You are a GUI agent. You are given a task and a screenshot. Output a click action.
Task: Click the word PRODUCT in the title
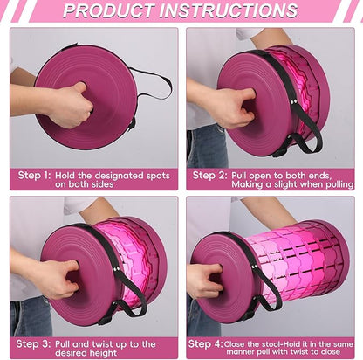tap(108, 10)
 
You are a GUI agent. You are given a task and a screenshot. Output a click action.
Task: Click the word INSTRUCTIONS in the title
tap(229, 10)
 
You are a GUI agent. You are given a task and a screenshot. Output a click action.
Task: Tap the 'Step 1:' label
tap(34, 176)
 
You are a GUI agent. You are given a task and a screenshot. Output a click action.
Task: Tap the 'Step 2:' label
tap(209, 176)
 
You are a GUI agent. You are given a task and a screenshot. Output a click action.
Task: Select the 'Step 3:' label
tap(33, 343)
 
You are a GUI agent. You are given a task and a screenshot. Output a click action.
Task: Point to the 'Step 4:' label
tap(205, 343)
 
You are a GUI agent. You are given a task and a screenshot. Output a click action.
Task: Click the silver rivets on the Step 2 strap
tap(294, 101)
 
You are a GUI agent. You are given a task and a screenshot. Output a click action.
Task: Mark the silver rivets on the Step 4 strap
tap(256, 267)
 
